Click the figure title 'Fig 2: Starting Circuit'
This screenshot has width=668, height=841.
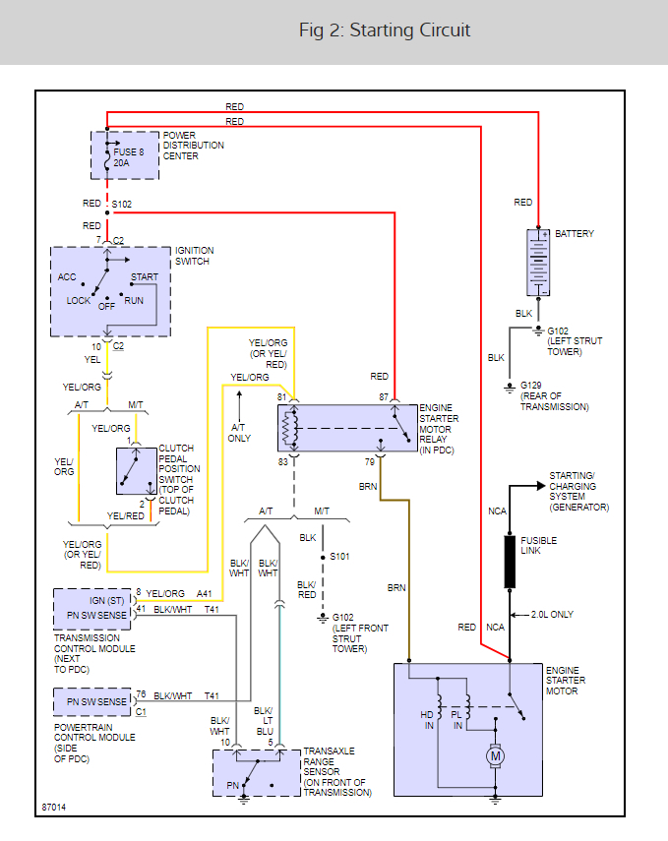coord(385,30)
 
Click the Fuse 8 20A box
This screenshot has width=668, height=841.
coord(126,154)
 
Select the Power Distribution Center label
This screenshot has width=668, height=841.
coord(194,145)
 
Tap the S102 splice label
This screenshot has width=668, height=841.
coord(122,204)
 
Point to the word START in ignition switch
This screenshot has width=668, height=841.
coord(144,277)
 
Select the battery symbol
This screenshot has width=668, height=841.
coord(537,263)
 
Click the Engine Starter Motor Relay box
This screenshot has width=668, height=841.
coord(347,427)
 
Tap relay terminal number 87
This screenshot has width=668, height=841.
coord(385,396)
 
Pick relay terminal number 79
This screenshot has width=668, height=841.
coord(370,460)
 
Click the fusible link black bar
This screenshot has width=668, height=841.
coord(511,562)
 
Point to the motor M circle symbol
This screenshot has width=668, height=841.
coord(496,756)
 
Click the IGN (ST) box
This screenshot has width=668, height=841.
coord(91,600)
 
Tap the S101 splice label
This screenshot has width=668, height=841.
coord(339,557)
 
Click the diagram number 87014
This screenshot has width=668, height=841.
coord(55,809)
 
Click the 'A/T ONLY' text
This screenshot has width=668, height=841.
coord(240,434)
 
